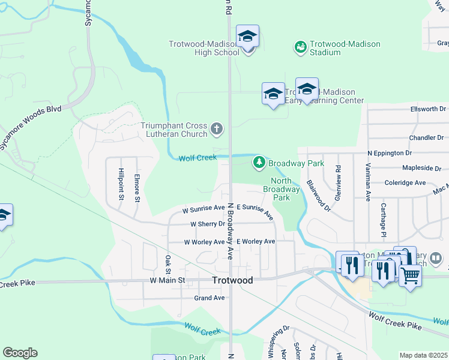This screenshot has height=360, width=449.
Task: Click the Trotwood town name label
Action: pyautogui.click(x=232, y=280)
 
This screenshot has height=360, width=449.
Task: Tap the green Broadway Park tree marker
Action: pyautogui.click(x=259, y=163)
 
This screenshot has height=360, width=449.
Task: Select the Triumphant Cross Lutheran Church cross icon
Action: pyautogui.click(x=217, y=128)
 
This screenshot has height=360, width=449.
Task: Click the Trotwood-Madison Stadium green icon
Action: pyautogui.click(x=300, y=46)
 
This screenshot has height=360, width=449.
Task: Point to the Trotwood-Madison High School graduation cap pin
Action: pyautogui.click(x=247, y=37)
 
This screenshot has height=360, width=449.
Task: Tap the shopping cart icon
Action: pyautogui.click(x=410, y=275)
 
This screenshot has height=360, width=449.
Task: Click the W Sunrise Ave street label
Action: pyautogui.click(x=203, y=209)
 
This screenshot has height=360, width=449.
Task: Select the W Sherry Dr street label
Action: pyautogui.click(x=207, y=224)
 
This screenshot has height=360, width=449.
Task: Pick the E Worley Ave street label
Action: pyautogui.click(x=256, y=242)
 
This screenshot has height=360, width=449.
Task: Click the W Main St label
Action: pyautogui.click(x=167, y=280)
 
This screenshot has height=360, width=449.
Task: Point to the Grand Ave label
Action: pyautogui.click(x=209, y=298)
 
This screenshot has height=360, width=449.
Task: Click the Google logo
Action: pyautogui.click(x=20, y=353)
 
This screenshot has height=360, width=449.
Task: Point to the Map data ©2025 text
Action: pyautogui.click(x=423, y=355)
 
